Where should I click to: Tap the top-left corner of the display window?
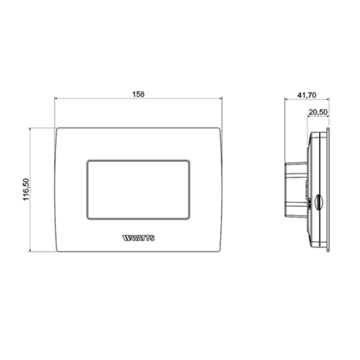pyautogui.click(x=88, y=159)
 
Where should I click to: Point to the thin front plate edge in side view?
pyautogui.click(x=328, y=189)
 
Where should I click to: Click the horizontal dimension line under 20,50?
pyautogui.click(x=318, y=118)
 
